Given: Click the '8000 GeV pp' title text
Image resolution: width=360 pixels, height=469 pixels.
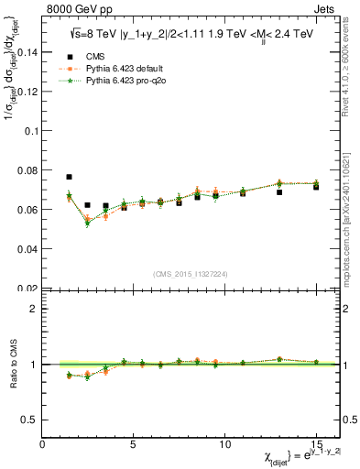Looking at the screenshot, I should (x=75, y=9).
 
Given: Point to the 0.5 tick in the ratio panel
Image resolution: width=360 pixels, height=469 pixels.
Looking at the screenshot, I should (x=30, y=420).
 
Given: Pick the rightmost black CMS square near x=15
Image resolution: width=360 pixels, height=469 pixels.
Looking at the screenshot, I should (x=316, y=187).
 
